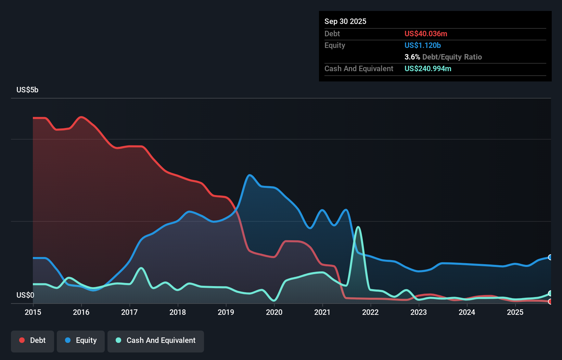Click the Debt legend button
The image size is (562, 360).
(33, 340)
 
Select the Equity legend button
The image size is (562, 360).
(81, 340)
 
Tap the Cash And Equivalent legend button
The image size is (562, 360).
(156, 340)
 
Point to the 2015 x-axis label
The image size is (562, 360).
(33, 312)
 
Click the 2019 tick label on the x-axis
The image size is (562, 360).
(226, 312)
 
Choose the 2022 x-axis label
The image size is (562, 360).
(370, 312)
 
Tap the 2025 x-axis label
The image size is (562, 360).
(515, 312)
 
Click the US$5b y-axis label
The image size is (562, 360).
(27, 90)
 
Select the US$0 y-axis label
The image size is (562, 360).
(25, 295)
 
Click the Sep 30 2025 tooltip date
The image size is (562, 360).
(345, 22)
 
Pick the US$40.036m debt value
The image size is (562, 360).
(426, 34)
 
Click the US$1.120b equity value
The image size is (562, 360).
(422, 46)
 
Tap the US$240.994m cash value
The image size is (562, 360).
(428, 69)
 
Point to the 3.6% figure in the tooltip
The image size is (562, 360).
(412, 57)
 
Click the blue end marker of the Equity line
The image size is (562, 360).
(550, 257)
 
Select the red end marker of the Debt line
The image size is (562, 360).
(550, 301)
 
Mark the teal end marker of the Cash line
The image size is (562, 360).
(550, 293)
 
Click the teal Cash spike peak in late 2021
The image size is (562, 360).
(358, 227)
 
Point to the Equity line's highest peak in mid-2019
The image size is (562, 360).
(250, 175)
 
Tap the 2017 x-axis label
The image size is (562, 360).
(129, 312)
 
